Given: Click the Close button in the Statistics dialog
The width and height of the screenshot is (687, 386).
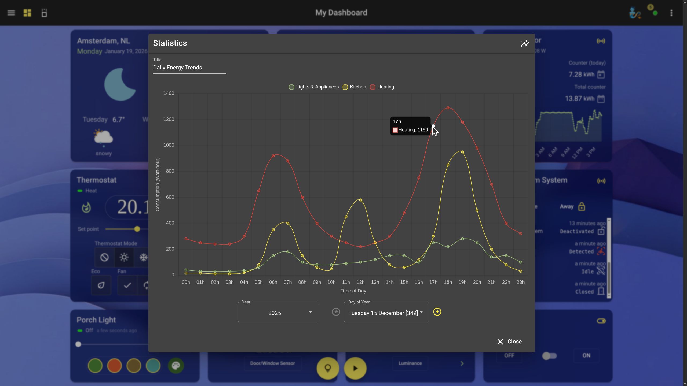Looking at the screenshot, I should (509, 342).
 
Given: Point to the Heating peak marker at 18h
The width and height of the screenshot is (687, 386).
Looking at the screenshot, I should (448, 108).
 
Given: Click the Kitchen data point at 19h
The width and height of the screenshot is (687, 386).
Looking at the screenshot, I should (462, 152).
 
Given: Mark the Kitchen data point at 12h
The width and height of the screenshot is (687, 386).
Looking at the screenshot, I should (360, 200).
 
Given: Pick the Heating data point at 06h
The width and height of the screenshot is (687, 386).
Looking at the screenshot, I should (273, 156).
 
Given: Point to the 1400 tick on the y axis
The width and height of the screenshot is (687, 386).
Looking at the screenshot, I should (169, 93).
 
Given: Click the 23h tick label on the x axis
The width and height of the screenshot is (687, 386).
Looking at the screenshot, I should (521, 282).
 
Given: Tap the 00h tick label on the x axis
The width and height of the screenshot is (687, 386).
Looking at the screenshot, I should (186, 282).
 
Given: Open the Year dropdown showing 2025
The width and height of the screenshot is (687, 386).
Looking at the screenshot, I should (278, 313).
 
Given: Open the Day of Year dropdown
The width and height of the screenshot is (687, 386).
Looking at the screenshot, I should (386, 313).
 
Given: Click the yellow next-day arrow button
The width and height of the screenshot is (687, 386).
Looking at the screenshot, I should (437, 312).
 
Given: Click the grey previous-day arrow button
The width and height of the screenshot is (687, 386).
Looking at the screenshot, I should (336, 312).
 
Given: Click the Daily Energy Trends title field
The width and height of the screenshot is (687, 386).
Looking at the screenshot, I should (189, 68).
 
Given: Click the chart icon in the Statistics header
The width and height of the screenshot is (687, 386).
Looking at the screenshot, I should (525, 43).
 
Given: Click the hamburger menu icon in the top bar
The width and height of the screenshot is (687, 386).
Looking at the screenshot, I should (11, 13).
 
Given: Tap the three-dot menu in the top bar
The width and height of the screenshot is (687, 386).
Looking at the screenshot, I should (671, 13).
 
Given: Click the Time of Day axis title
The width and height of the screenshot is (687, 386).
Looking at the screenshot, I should (353, 291).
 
